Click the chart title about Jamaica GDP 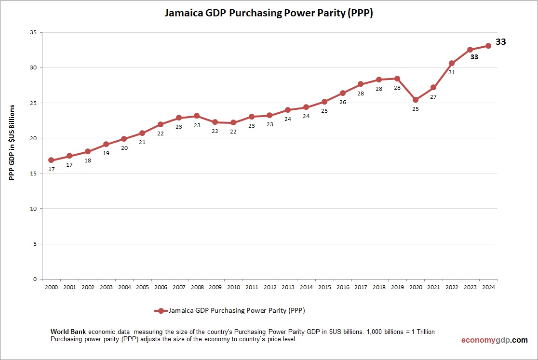point(269,13)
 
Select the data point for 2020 point(416,100)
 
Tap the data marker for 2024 point(488,46)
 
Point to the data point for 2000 point(51,160)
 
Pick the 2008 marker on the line point(197,116)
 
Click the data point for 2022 point(452,63)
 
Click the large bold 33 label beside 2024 point(501,42)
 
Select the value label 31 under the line point(452,72)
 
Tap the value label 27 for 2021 point(433,96)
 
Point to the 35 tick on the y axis point(34,33)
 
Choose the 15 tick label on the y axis point(34,173)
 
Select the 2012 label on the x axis point(270,287)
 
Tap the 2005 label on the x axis point(142,287)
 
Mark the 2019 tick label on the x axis point(397,287)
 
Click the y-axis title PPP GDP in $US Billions point(12,142)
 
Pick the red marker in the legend point(161,311)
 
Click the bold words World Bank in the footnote point(68,332)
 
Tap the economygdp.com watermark point(494,340)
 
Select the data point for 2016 point(343,93)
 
